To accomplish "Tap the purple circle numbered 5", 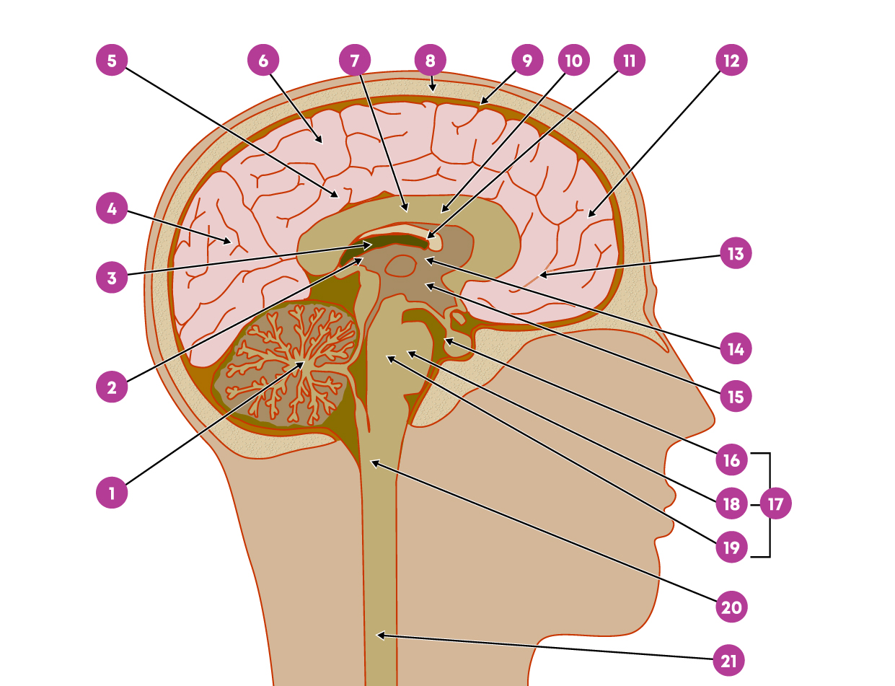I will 112,60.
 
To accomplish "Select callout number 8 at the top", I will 431,60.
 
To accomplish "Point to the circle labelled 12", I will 731,60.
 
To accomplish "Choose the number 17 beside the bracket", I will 775,504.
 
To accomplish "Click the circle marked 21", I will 729,661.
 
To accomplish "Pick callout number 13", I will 736,253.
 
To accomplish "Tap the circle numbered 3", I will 112,278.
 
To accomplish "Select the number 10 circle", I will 573,60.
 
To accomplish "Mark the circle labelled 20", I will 732,607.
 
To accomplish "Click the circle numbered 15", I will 736,396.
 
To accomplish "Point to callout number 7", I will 354,60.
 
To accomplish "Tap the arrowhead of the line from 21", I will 377,635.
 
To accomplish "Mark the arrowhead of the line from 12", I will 588,216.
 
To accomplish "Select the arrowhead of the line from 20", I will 371,461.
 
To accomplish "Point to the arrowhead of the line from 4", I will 232,242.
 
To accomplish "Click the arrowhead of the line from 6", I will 322,141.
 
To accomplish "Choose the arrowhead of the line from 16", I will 444,338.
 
